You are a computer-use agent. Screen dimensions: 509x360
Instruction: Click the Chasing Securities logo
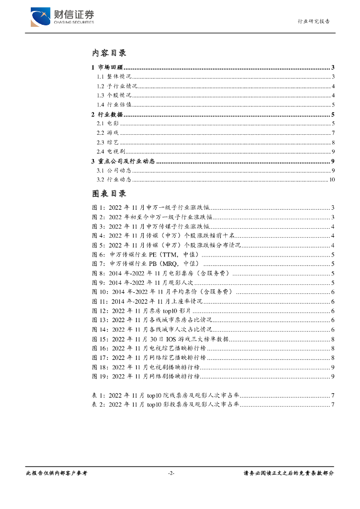tap(62, 17)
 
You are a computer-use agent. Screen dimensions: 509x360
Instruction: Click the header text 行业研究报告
tap(314, 21)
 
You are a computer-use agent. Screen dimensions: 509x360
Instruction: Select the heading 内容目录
tap(109, 53)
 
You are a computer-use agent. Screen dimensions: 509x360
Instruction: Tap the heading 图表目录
tap(109, 193)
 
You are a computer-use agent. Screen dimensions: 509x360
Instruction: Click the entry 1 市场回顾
tap(107, 68)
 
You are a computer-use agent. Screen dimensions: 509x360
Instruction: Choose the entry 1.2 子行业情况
tap(114, 86)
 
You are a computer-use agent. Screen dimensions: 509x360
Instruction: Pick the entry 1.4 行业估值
tap(114, 104)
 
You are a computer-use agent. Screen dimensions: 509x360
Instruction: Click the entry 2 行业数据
tap(107, 114)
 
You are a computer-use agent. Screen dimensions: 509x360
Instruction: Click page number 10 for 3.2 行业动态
tap(332, 179)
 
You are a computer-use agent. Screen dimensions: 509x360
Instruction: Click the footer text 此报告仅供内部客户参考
tap(56, 473)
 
